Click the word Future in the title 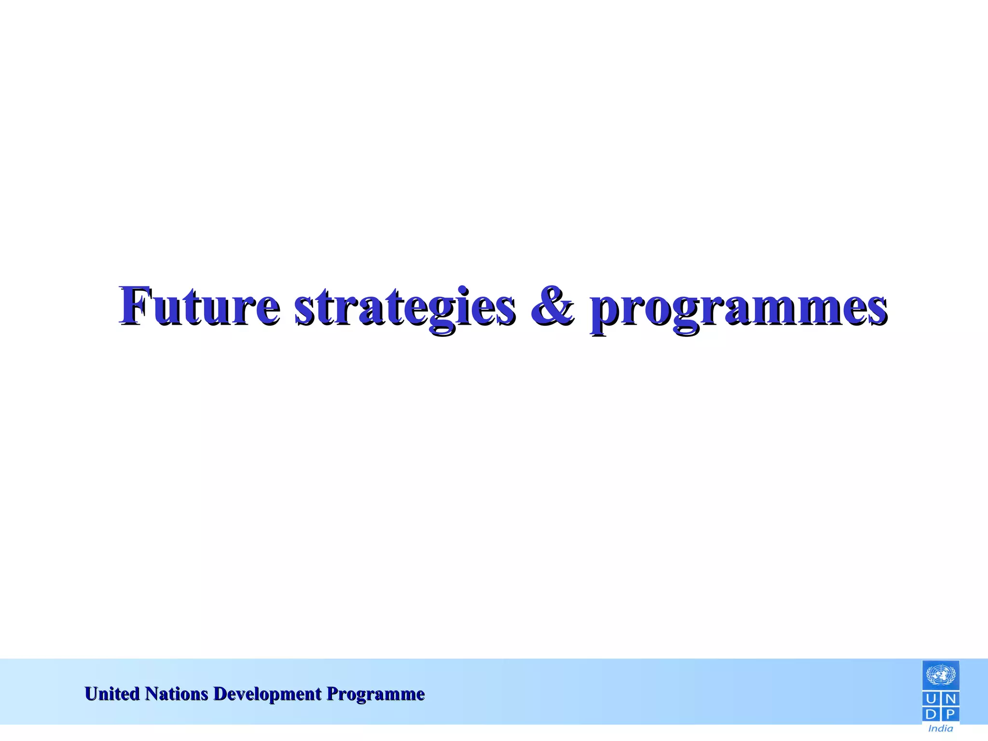pyautogui.click(x=199, y=306)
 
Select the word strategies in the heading pyautogui.click(x=404, y=307)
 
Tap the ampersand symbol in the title pyautogui.click(x=552, y=306)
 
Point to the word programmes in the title pyautogui.click(x=738, y=309)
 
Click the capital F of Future pyautogui.click(x=134, y=305)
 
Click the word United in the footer pyautogui.click(x=112, y=694)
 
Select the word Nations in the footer pyautogui.click(x=177, y=694)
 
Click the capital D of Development pyautogui.click(x=220, y=694)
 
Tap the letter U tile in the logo pyautogui.click(x=932, y=699)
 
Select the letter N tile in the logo pyautogui.click(x=949, y=699)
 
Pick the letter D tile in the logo pyautogui.click(x=932, y=714)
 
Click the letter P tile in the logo pyautogui.click(x=949, y=714)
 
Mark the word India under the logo pyautogui.click(x=940, y=728)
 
